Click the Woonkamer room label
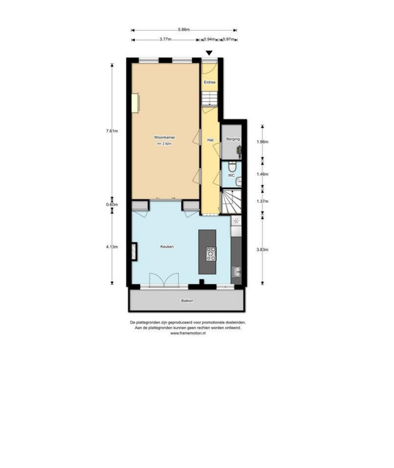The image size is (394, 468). point(164,138)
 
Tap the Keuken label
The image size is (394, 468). point(166,247)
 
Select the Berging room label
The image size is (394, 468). point(233,139)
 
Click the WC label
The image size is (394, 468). point(231,176)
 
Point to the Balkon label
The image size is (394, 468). point(187,301)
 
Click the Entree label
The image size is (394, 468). point(210,82)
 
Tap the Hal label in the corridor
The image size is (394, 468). point(210,140)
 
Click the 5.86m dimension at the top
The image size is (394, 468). point(184,29)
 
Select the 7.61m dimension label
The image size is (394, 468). point(112,131)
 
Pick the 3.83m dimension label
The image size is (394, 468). point(262,249)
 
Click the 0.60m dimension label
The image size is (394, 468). point(112,204)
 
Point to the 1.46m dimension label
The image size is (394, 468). point(262,174)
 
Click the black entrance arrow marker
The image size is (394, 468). point(209,53)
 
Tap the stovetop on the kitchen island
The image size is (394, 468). point(211,253)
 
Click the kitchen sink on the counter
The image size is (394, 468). point(237,271)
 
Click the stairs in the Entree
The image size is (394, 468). point(210,98)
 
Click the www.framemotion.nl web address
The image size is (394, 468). point(188,333)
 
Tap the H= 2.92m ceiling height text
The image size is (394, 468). point(164,144)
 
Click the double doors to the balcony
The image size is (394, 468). point(164,280)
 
